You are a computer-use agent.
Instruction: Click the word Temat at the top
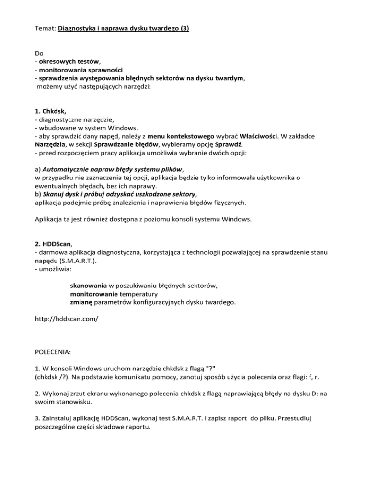pos(46,28)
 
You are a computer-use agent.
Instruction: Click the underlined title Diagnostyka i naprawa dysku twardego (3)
pos(123,28)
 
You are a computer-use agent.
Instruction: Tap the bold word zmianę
pos(82,303)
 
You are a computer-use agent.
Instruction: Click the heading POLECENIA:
pos(53,352)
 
